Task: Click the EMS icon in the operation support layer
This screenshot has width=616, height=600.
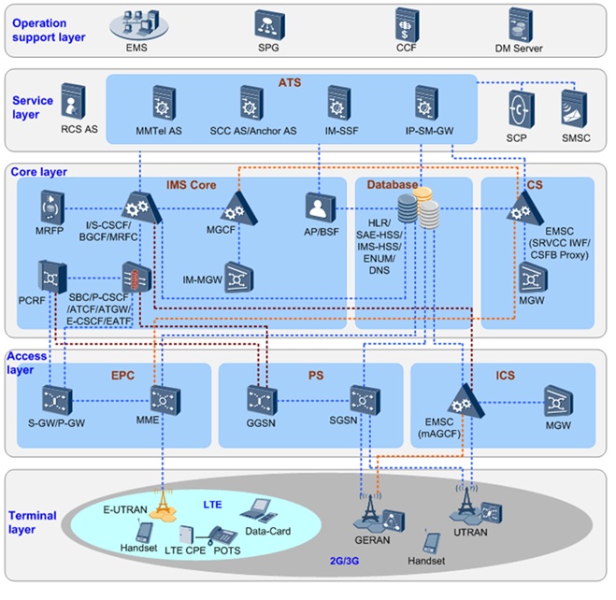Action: [136, 21]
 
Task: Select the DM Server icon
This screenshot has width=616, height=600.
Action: [521, 22]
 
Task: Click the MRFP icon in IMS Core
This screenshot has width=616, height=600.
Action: [50, 207]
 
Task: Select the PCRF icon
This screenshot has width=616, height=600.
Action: [50, 275]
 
